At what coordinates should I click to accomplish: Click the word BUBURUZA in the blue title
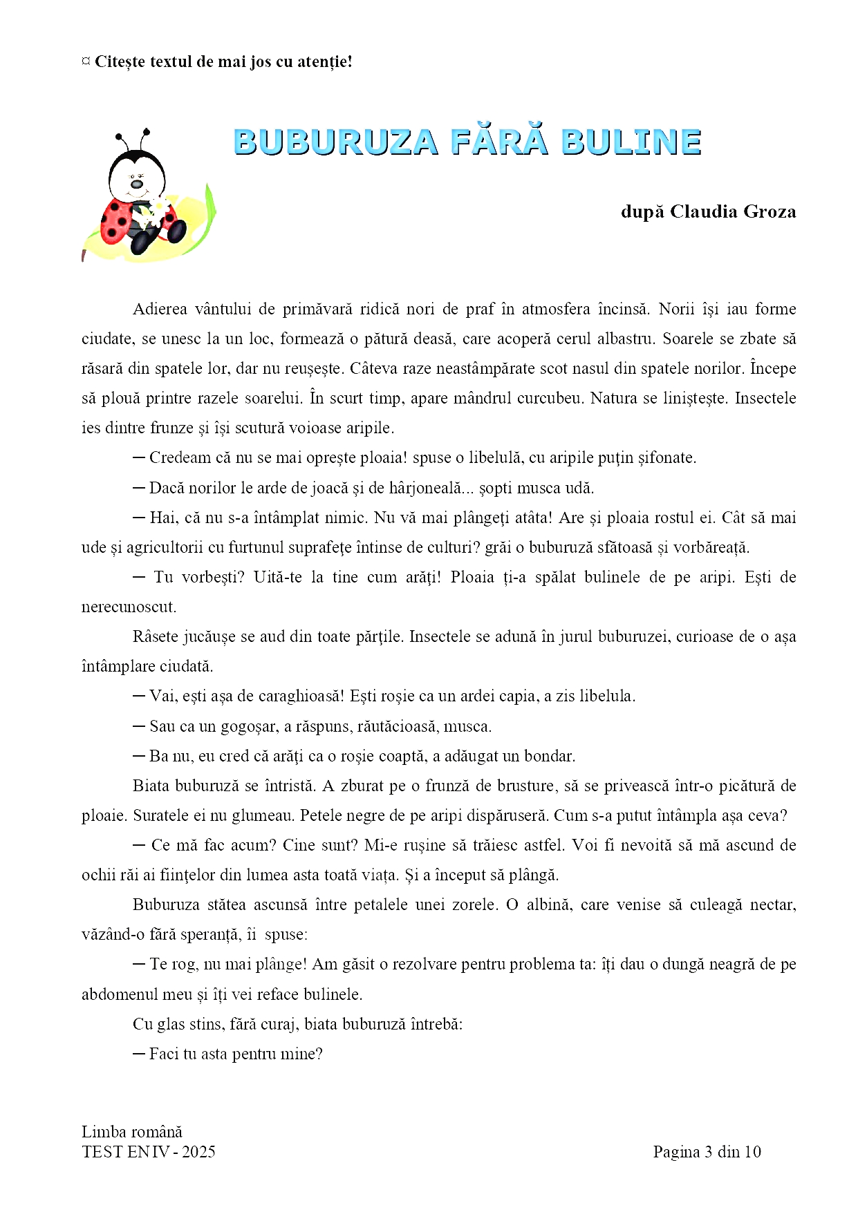pyautogui.click(x=336, y=142)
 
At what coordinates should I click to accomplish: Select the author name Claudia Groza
pyautogui.click(x=733, y=211)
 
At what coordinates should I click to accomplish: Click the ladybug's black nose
pyautogui.click(x=137, y=184)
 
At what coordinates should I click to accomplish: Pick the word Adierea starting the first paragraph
pyautogui.click(x=160, y=309)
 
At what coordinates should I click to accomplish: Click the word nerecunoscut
pyautogui.click(x=129, y=607)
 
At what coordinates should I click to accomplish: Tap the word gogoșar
pyautogui.click(x=249, y=726)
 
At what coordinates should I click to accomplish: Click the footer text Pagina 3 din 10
pyautogui.click(x=707, y=1152)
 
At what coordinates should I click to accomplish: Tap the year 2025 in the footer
pyautogui.click(x=198, y=1152)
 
